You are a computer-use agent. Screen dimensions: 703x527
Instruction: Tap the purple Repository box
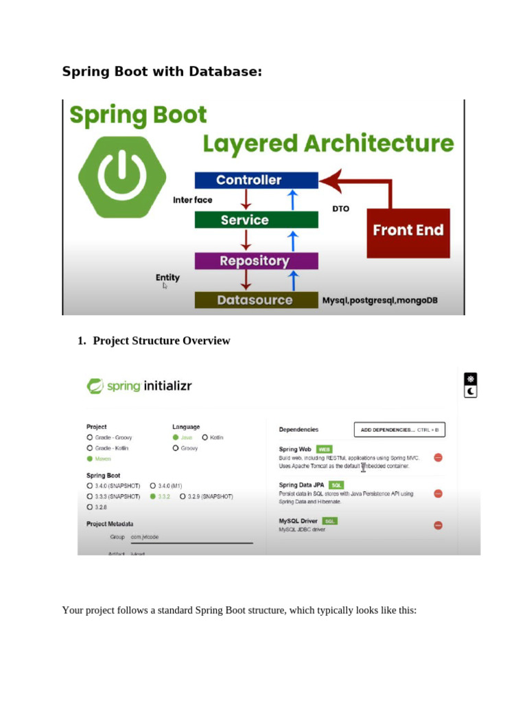(256, 261)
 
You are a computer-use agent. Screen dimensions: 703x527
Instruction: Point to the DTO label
(341, 208)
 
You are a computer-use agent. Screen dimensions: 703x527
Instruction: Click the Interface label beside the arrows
(193, 200)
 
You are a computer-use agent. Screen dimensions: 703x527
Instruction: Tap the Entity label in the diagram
(167, 277)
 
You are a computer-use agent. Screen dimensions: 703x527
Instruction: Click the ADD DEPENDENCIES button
(399, 430)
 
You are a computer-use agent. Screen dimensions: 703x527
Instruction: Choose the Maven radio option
(90, 459)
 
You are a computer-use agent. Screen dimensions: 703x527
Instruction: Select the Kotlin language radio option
(205, 437)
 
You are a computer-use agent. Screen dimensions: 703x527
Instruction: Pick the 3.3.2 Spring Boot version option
(153, 496)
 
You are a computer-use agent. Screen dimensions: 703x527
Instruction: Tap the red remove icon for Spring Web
(438, 457)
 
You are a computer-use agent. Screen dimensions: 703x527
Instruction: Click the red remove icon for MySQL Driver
(438, 525)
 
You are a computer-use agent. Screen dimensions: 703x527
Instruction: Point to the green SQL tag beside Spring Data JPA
(336, 485)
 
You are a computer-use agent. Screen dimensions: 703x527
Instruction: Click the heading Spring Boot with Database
(162, 71)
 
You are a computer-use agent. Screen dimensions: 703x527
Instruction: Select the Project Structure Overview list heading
(161, 341)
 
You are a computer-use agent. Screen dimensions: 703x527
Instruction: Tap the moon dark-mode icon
(471, 391)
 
